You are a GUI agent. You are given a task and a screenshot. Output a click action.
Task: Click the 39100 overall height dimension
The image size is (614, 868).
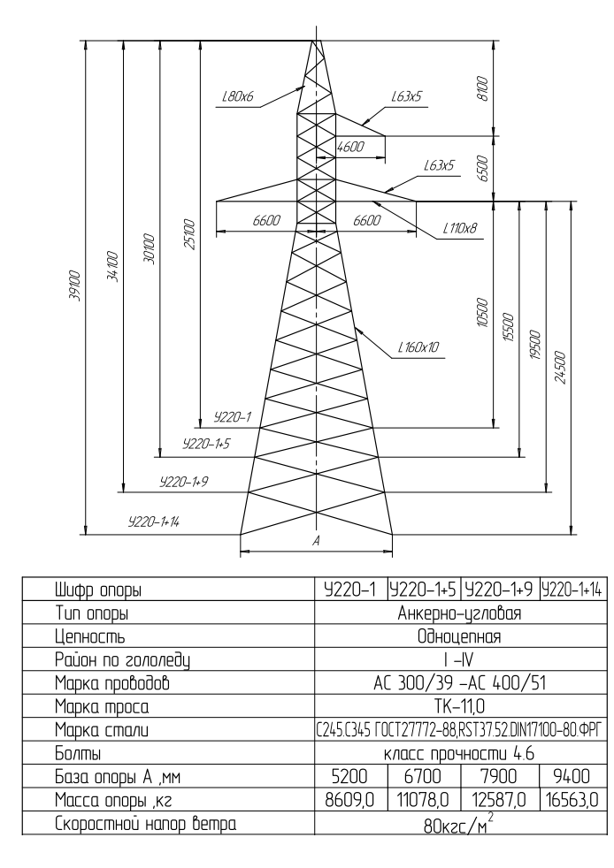point(75,286)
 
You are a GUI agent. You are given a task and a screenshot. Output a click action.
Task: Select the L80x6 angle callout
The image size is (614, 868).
point(237,97)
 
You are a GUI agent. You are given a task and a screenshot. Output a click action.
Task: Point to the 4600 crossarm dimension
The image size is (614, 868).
point(350,147)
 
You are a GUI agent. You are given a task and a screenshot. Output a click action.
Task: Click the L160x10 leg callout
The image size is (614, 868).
point(418,347)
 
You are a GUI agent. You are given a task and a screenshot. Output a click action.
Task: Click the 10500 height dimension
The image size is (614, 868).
point(482,313)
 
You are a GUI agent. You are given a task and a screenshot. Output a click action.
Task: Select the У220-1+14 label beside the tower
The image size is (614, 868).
point(154,522)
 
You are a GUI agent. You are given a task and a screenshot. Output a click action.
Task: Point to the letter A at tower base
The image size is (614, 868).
point(317,541)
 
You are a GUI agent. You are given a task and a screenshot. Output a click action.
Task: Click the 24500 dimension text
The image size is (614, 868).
point(560,367)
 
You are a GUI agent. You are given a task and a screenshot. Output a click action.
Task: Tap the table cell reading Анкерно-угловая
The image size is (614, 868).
point(459,613)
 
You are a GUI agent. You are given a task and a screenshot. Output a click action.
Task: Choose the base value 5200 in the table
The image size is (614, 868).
point(349,776)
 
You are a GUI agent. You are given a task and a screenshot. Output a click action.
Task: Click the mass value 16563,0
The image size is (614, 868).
point(571,799)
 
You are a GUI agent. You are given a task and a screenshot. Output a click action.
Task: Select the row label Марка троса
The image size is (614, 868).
point(102,707)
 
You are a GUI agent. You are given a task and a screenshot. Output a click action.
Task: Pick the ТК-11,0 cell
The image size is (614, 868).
point(459,707)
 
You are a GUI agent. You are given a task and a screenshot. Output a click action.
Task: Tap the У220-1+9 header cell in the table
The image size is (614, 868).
point(499,590)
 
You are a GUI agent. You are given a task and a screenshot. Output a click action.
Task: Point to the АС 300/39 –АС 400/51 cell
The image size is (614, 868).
point(459,683)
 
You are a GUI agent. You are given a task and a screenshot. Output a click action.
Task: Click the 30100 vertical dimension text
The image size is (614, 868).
point(150,249)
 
